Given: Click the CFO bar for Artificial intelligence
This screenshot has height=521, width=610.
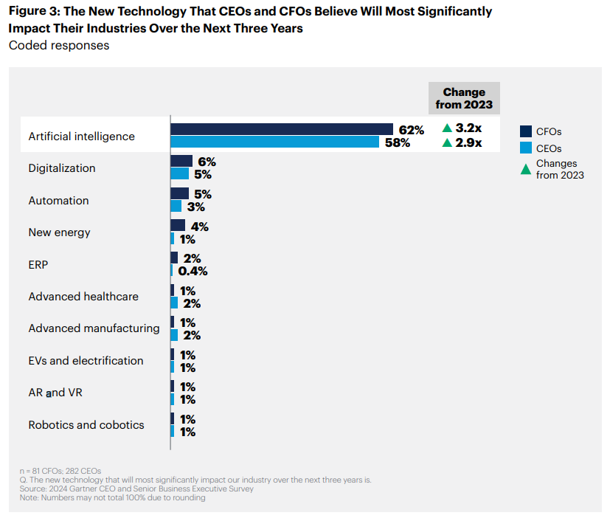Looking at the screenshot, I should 282,129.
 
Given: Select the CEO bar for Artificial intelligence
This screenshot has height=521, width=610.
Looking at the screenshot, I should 274,142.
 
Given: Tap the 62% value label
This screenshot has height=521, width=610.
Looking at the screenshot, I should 411,130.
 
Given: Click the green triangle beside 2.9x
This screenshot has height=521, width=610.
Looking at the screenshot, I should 447,142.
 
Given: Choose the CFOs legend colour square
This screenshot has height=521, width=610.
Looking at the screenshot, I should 526,132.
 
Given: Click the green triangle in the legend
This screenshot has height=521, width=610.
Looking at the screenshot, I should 526,169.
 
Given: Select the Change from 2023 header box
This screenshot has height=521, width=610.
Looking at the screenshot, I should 464,98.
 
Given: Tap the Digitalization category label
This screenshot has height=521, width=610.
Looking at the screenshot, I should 62,168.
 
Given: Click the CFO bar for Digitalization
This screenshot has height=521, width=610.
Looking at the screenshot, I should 181,161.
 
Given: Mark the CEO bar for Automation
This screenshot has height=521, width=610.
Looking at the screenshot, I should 176,207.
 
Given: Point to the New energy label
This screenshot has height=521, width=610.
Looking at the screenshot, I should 59,232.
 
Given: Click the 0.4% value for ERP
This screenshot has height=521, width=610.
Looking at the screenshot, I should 193,271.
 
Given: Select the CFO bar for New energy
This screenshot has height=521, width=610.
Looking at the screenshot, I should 178,225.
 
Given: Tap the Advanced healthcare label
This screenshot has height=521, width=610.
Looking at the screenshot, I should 83,297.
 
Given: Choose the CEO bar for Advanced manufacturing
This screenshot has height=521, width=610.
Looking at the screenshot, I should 174,335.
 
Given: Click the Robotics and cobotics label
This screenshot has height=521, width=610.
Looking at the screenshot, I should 86,425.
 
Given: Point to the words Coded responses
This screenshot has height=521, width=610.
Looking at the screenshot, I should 59,45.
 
